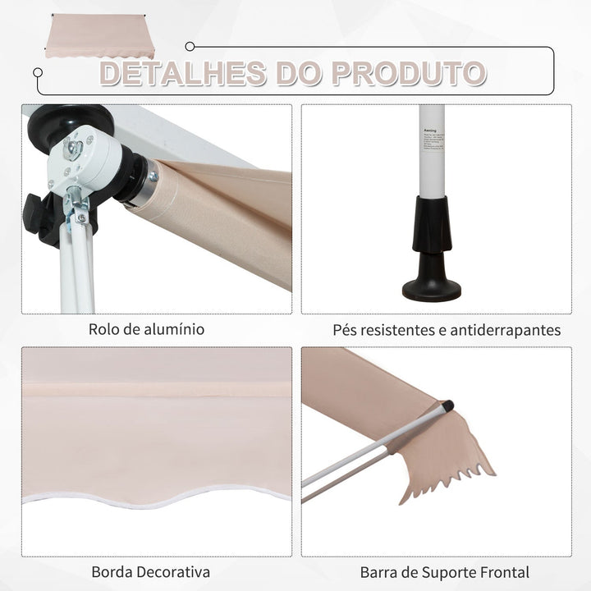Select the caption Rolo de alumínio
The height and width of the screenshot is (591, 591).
pyautogui.click(x=147, y=330)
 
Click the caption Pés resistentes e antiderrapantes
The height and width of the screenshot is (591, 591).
pyautogui.click(x=447, y=330)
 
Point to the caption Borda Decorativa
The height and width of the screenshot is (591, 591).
pyautogui.click(x=151, y=571)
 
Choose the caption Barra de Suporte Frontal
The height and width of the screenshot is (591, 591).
pyautogui.click(x=444, y=571)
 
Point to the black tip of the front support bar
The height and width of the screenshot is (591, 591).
pyautogui.click(x=447, y=405)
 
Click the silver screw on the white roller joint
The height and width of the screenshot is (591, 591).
pyautogui.click(x=73, y=148)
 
